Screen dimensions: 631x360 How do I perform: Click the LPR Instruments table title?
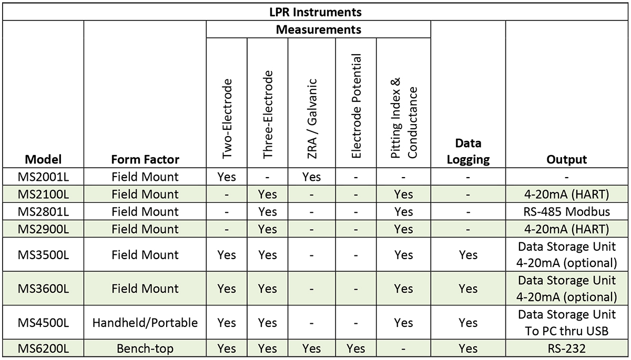(x=315, y=12)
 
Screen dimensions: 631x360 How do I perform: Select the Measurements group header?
(x=318, y=29)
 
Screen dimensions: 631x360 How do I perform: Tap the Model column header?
(x=43, y=159)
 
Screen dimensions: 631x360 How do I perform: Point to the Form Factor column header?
(x=145, y=159)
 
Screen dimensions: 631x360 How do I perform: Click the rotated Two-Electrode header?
(x=227, y=119)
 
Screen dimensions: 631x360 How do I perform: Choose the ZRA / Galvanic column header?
(x=312, y=119)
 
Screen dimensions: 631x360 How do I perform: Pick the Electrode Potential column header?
(x=356, y=106)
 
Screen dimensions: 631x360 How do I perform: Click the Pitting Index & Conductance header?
(x=404, y=118)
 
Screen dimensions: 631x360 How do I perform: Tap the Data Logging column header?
(x=468, y=151)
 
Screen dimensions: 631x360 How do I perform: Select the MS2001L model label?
(x=43, y=177)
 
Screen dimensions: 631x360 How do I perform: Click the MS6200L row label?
(x=43, y=348)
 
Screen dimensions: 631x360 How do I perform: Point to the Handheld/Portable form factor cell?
(x=145, y=323)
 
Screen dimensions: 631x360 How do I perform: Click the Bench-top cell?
(x=145, y=348)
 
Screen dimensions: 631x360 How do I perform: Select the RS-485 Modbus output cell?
(x=566, y=212)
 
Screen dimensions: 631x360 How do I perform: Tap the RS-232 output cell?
(x=566, y=348)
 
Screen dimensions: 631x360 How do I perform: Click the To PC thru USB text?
(x=566, y=331)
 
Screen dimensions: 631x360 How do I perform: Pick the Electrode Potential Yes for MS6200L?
(x=356, y=348)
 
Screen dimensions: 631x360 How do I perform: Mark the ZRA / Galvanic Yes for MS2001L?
(x=311, y=177)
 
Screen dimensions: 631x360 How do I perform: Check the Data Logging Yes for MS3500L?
(x=468, y=255)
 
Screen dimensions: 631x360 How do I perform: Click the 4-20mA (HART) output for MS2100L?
(x=566, y=194)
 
